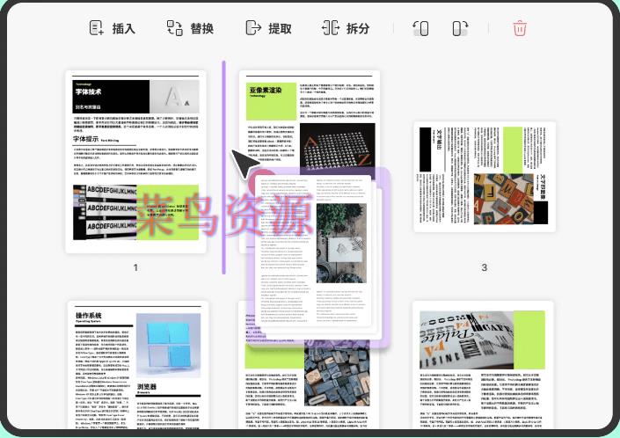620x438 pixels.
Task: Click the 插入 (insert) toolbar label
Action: [123, 28]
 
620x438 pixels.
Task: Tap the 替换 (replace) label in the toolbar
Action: [201, 28]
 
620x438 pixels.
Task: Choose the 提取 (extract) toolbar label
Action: [280, 28]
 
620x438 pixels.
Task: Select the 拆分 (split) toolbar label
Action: [358, 28]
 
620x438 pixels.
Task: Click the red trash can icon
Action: [520, 28]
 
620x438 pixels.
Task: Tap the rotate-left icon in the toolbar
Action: [420, 28]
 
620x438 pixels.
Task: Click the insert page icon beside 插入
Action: [97, 28]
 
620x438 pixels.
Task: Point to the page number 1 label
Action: [135, 267]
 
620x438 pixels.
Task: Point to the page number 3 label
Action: [484, 267]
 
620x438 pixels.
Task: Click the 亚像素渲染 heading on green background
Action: [266, 91]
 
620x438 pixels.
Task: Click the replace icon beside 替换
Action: [173, 28]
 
